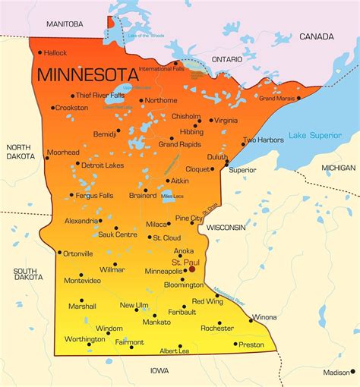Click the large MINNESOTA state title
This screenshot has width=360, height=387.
tap(88, 75)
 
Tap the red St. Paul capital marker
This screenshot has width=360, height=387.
tap(192, 269)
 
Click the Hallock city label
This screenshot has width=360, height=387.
tap(55, 52)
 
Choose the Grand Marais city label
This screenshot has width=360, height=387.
tap(276, 98)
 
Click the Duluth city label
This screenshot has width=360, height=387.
tap(217, 157)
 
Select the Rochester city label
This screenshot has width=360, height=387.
tap(216, 328)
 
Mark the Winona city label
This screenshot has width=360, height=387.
tap(264, 316)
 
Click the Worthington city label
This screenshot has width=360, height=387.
tap(84, 338)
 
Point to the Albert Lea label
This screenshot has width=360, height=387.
tap(174, 351)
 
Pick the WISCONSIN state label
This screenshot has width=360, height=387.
tap(226, 227)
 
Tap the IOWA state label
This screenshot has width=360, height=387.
tap(159, 371)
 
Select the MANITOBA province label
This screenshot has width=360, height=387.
tap(65, 24)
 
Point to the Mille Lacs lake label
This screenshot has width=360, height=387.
tap(172, 197)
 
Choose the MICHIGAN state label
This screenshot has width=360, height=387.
tap(338, 167)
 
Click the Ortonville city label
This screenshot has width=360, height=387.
tap(77, 253)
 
